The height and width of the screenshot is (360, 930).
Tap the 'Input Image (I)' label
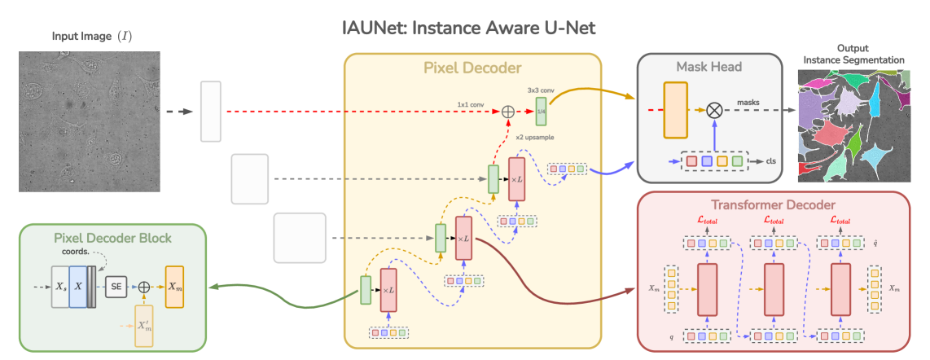point(91,37)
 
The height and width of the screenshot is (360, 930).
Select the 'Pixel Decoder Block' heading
point(113,239)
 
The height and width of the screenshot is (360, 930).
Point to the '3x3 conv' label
point(542,87)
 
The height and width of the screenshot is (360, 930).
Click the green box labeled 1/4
point(541,108)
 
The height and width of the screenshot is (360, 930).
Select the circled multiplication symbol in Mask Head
point(714,109)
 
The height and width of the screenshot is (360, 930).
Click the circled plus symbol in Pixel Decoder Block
point(145,286)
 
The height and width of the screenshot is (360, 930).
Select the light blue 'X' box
point(79,286)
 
